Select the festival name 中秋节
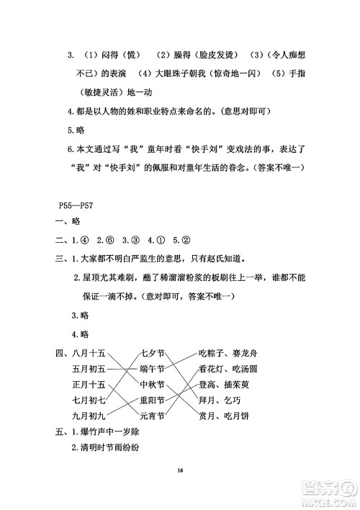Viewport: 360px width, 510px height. coord(153,385)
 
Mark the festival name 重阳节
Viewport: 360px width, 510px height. coord(153,401)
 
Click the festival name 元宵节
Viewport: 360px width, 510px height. coord(153,416)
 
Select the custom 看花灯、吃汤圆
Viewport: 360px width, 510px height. coord(229,369)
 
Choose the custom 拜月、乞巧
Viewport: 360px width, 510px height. coord(220,401)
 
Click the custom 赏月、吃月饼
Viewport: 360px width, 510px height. coord(225,416)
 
